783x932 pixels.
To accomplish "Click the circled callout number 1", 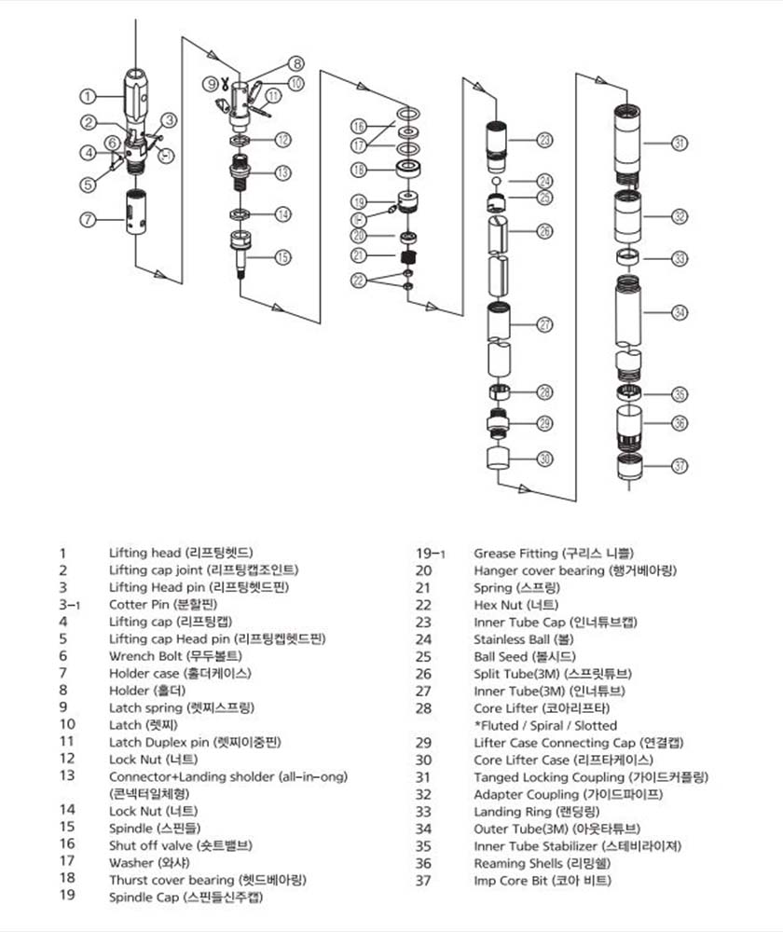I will (x=87, y=95).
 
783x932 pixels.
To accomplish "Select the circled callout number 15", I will (x=282, y=256).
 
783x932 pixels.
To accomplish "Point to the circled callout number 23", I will (x=544, y=140).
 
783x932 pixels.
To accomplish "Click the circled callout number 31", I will (x=680, y=144).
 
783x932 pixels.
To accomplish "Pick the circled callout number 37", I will (x=680, y=465).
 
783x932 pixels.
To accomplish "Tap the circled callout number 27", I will (x=544, y=324).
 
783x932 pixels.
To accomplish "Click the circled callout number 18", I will (x=358, y=170).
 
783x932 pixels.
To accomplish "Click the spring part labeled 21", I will (x=406, y=256).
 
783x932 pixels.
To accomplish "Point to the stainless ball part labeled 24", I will (x=498, y=181).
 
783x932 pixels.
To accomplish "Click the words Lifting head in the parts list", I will (x=141, y=553).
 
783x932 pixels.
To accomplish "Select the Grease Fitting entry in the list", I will (x=511, y=554).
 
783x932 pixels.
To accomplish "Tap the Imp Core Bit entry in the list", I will (x=511, y=880).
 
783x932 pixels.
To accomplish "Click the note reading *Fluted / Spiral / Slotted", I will (x=545, y=725).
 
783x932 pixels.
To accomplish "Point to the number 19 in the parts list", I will (x=66, y=898).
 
